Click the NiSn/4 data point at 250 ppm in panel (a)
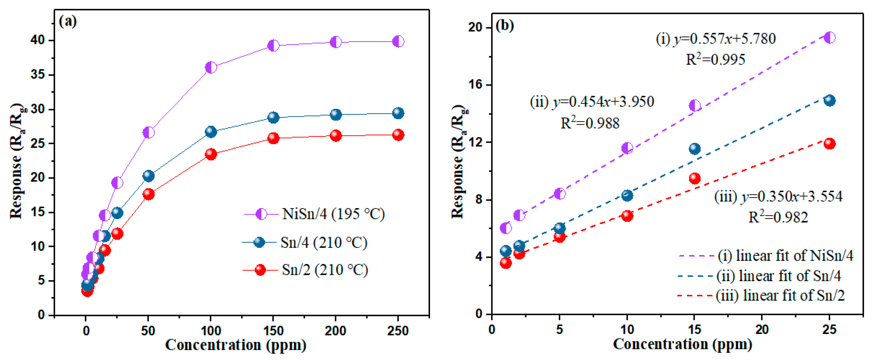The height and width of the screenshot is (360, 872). (x=398, y=41)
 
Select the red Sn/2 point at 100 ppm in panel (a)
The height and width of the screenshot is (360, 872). (x=211, y=154)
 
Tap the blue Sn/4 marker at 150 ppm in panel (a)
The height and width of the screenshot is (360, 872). (x=273, y=118)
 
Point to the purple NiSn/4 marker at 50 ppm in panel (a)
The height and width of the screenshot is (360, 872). (x=148, y=132)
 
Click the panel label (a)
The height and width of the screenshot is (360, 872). (x=68, y=21)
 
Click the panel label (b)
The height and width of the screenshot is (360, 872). (x=504, y=25)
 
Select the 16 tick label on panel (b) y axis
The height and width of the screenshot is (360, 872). (x=475, y=85)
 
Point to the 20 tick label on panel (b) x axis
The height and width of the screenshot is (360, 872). (x=762, y=329)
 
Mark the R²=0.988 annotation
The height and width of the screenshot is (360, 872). (x=590, y=123)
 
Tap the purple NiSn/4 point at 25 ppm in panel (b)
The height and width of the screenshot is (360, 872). (x=829, y=37)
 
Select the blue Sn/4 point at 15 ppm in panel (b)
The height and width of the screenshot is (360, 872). (x=694, y=148)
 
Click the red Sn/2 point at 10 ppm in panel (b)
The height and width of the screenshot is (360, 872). (x=627, y=216)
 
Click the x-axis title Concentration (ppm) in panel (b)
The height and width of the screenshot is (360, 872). (x=682, y=345)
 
